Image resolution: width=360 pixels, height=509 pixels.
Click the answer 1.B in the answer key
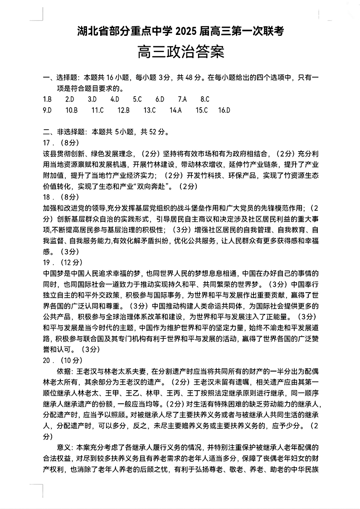pos(47,99)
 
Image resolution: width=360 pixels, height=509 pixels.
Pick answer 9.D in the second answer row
pos(47,110)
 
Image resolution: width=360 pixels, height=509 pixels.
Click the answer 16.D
pos(224,110)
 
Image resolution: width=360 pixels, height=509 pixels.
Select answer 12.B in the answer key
pos(124,110)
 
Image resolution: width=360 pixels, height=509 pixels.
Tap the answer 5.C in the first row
pos(137,99)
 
